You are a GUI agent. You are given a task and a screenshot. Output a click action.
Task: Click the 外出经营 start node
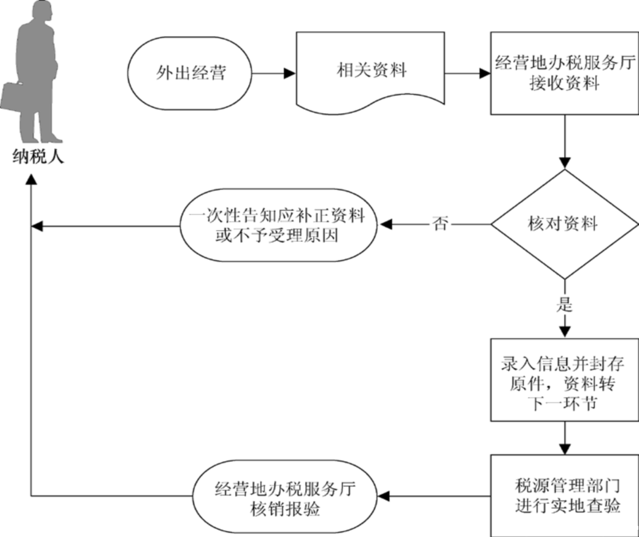pos(189,74)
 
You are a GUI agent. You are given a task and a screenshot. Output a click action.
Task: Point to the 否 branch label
pos(440,224)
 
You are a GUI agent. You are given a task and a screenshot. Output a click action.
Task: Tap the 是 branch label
pos(564,304)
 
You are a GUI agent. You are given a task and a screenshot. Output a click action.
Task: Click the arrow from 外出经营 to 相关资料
pos(272,74)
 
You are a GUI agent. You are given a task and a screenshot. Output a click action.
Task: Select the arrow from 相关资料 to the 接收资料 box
pos(468,74)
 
